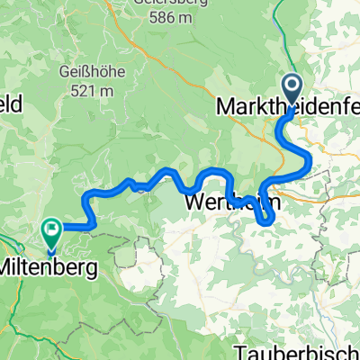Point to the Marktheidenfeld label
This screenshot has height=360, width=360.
pos(288,106)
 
